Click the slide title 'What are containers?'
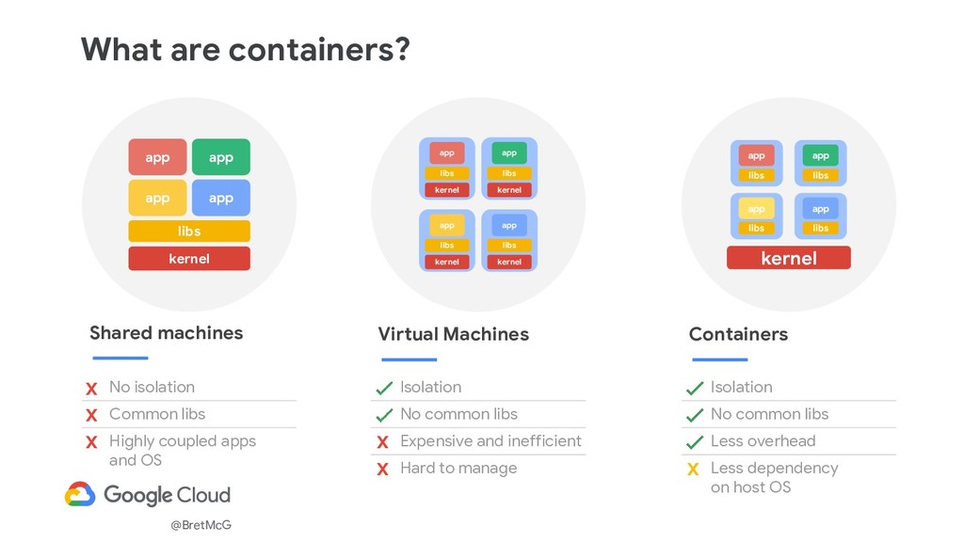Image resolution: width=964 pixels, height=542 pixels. click(x=245, y=48)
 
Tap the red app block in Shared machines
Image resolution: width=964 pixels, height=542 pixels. click(x=157, y=157)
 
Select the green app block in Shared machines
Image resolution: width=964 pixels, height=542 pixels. click(x=221, y=157)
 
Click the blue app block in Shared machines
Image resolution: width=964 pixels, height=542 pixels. click(x=221, y=198)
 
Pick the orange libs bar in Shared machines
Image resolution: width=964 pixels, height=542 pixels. click(x=189, y=231)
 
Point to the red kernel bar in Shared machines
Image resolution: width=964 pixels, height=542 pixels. click(x=189, y=258)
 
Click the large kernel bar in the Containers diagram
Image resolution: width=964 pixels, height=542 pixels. click(x=788, y=258)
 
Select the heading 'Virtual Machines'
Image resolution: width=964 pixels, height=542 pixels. click(x=453, y=334)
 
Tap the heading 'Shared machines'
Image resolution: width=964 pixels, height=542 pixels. click(x=166, y=332)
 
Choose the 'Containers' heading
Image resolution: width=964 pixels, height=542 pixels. click(x=738, y=334)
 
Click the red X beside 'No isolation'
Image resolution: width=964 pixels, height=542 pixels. click(x=91, y=389)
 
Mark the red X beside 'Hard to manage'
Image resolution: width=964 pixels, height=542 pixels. click(x=382, y=470)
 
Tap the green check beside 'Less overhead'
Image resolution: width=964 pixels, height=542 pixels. click(x=694, y=442)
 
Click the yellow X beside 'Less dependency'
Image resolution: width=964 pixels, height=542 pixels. click(x=694, y=470)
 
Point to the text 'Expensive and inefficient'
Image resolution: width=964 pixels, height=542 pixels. click(x=490, y=440)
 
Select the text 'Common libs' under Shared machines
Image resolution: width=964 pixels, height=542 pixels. click(x=156, y=414)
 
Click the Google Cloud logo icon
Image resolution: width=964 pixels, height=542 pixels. click(x=80, y=495)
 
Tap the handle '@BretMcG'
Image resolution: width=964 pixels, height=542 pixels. click(x=201, y=525)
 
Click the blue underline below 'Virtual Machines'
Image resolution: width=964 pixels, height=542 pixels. click(x=409, y=359)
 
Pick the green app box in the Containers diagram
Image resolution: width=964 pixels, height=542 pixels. click(x=820, y=155)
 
